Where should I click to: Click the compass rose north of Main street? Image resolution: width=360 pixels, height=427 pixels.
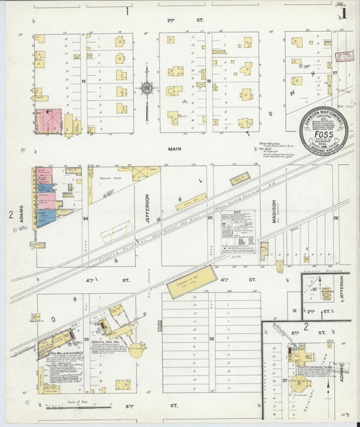point(146,87)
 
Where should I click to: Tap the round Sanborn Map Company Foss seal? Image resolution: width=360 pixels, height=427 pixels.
point(324,131)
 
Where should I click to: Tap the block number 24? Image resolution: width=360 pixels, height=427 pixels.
point(86,219)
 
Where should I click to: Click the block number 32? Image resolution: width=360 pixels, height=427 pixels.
point(211,338)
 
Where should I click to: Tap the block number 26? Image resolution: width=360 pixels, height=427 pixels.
point(335,218)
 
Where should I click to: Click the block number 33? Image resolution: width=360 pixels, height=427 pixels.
point(86,338)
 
